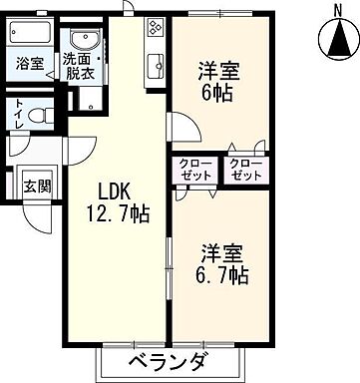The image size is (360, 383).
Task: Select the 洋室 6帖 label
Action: (x=216, y=82)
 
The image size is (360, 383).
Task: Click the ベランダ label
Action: (x=168, y=362)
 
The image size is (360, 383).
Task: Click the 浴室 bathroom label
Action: (x=29, y=63)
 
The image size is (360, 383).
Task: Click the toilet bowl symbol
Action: (x=40, y=117)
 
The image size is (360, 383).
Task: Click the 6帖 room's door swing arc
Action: (x=180, y=128)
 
